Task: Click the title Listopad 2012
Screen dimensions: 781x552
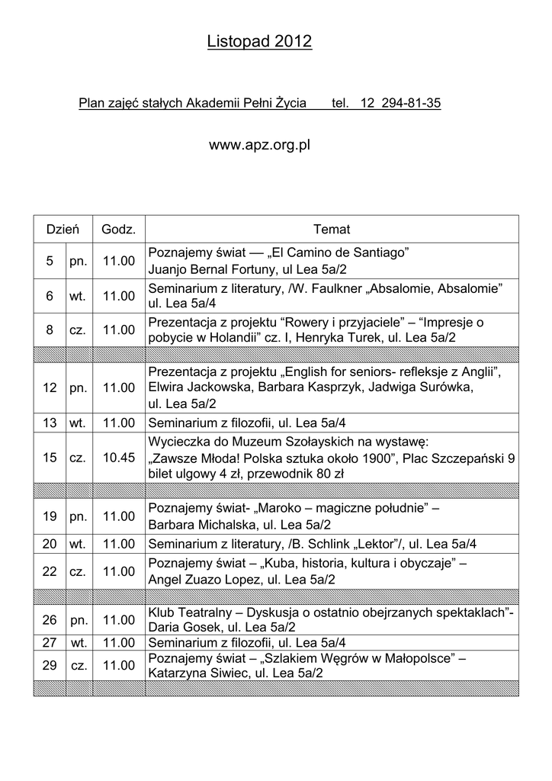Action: [x=259, y=42]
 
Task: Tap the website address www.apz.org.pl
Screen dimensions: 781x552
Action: [x=259, y=144]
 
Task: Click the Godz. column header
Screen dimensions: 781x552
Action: [x=118, y=230]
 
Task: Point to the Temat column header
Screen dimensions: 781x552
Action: [x=332, y=230]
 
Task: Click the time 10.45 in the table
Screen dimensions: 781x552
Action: [x=118, y=458]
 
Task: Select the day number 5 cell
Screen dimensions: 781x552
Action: [x=50, y=261]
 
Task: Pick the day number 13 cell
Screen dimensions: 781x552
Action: [x=50, y=422]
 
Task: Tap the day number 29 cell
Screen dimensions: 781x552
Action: [x=50, y=666]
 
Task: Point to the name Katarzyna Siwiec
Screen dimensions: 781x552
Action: [x=197, y=673]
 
